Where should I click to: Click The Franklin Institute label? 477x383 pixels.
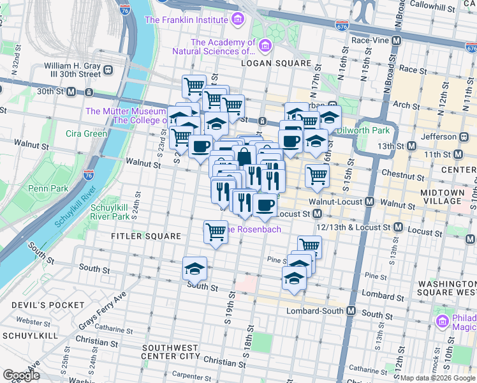[x=187, y=20]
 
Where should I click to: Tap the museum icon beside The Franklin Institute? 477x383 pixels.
[x=238, y=20]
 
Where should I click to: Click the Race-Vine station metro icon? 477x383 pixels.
[x=397, y=40]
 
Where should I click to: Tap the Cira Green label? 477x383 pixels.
[x=86, y=133]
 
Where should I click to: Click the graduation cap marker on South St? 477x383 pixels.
[x=194, y=268]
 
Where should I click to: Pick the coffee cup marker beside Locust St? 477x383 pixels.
[x=265, y=205]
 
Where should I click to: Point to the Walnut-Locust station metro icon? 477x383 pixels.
[x=369, y=202]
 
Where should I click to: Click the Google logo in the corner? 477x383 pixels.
[x=21, y=375]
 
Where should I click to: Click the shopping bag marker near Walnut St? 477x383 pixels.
[x=244, y=156]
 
